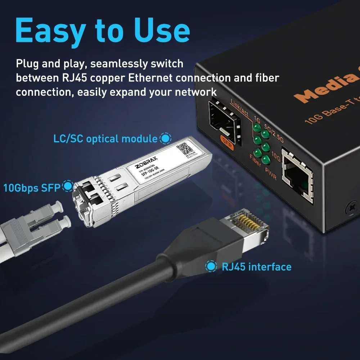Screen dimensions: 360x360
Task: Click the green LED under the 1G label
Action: [x=257, y=128]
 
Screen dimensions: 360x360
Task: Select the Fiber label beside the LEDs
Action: [x=255, y=161]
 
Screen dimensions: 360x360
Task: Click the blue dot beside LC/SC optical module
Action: [x=165, y=138]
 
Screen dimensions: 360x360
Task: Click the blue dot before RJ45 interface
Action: [x=211, y=267]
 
